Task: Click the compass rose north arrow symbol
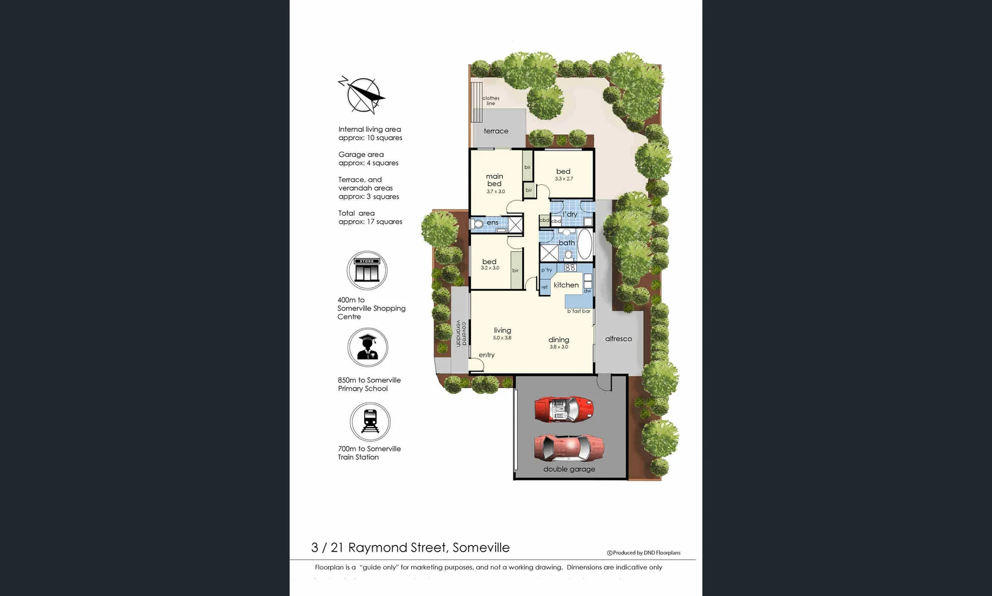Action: pos(363,95)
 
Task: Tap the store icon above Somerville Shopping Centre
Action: pos(367,270)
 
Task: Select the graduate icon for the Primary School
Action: pos(368,348)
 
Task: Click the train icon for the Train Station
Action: pos(370,422)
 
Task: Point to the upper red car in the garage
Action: pos(564,409)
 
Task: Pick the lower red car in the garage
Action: pos(569,447)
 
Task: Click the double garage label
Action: pos(569,469)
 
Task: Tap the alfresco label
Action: pos(618,339)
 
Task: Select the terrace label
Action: pos(496,131)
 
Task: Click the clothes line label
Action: pos(491,100)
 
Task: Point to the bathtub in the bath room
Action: pos(584,244)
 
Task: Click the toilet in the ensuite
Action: pos(477,224)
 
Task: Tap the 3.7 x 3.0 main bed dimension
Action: pos(495,191)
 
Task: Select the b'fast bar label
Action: pos(579,311)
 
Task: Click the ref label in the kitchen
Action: pos(544,287)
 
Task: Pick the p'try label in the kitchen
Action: pos(547,270)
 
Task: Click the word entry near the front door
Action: pos(486,355)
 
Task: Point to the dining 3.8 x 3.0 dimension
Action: pos(559,347)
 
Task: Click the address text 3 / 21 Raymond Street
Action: pos(410,547)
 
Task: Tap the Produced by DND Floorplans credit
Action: pos(644,552)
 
